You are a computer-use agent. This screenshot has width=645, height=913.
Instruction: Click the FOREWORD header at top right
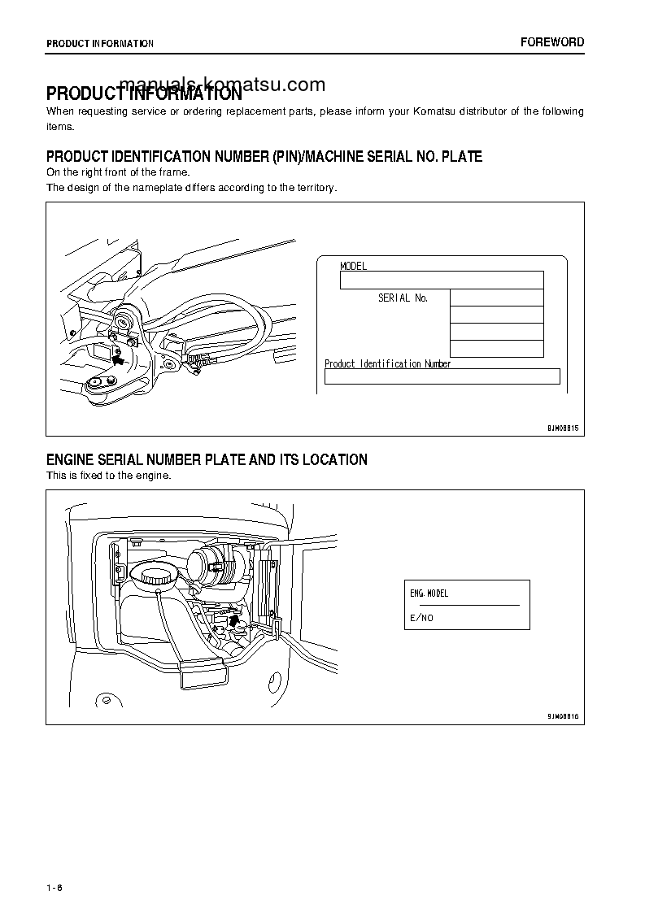552,42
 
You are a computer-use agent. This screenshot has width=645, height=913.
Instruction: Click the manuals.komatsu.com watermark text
222,85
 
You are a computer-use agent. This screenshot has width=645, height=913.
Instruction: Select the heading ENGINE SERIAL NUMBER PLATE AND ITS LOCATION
207,460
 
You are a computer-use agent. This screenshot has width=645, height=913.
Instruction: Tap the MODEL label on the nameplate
353,266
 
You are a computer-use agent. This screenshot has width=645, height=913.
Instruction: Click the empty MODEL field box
441,280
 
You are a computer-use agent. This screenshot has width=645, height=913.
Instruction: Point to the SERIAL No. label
403,298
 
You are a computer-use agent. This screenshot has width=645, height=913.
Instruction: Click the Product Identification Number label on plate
387,363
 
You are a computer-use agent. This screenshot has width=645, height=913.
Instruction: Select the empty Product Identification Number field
442,376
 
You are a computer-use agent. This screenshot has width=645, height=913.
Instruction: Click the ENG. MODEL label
429,593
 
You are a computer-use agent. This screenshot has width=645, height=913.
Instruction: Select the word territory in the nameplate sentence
312,187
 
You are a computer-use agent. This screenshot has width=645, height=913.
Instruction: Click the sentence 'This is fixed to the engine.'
108,476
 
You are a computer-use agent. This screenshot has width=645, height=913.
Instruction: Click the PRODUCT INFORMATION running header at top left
99,44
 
